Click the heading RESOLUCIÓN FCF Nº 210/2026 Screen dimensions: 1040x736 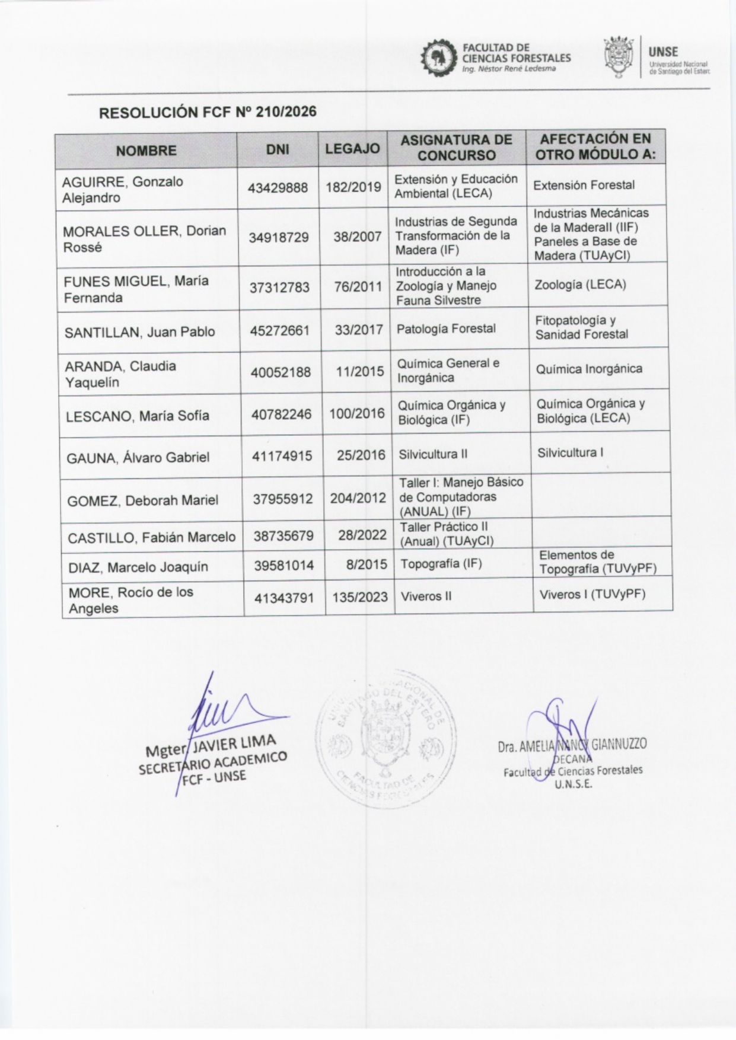point(208,112)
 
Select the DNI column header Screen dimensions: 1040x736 point(278,150)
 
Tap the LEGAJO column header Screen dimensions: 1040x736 point(352,149)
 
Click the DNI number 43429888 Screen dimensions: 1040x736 point(278,188)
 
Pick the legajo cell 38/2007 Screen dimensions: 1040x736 point(357,237)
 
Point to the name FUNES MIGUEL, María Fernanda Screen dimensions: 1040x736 point(136,289)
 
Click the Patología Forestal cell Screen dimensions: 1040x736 point(446,328)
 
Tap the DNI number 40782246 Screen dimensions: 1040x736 point(281,414)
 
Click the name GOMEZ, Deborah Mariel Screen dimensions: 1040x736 point(142,501)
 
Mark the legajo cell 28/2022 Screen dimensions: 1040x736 point(362,535)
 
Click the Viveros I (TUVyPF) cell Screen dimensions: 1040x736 point(592,594)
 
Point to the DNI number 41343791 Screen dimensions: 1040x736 point(284,599)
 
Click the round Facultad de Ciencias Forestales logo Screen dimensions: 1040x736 point(439,58)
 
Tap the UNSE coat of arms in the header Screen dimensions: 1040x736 point(619,58)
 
